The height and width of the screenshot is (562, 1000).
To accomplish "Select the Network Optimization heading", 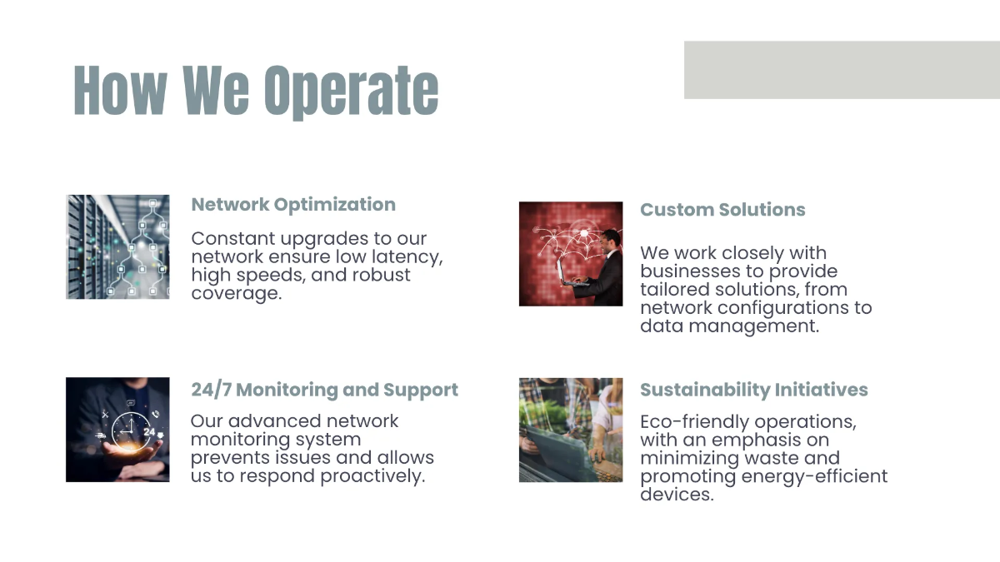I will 293,205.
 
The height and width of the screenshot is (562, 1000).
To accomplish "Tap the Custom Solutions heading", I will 722,210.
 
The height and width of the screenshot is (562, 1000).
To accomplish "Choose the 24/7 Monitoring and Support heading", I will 324,390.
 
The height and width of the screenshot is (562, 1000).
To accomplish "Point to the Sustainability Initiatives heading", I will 753,390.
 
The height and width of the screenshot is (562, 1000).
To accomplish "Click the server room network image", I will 117,246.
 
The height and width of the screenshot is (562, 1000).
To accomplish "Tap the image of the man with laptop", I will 571,253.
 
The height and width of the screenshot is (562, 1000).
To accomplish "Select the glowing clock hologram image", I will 117,430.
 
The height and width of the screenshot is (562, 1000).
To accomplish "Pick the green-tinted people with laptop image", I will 571,430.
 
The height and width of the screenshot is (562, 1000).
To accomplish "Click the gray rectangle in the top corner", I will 842,70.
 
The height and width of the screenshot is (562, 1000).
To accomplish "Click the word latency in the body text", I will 406,257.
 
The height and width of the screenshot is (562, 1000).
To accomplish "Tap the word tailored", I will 675,290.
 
